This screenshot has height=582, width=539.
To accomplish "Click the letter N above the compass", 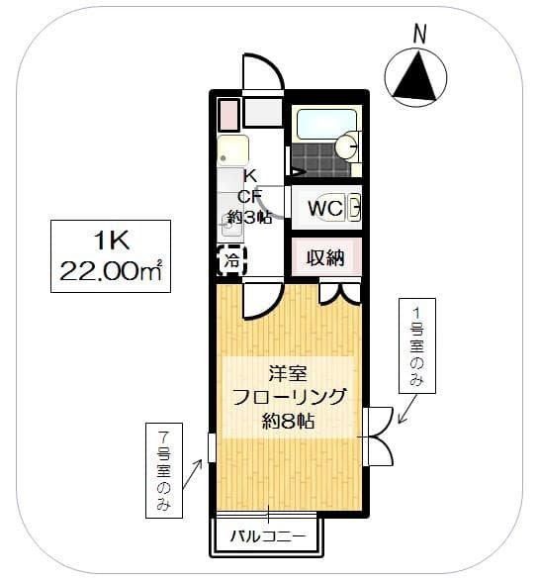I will click(420, 34).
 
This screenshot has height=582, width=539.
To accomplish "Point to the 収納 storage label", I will click(324, 258).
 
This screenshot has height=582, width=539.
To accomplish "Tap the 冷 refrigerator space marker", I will click(230, 262).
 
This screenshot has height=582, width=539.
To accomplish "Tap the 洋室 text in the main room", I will click(288, 374).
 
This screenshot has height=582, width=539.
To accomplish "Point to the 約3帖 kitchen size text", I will click(248, 218).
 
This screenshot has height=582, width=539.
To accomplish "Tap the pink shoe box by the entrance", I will click(227, 114).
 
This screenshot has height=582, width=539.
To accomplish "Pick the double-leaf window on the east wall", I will click(378, 436).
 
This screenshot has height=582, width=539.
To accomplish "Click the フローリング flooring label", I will click(288, 398).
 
